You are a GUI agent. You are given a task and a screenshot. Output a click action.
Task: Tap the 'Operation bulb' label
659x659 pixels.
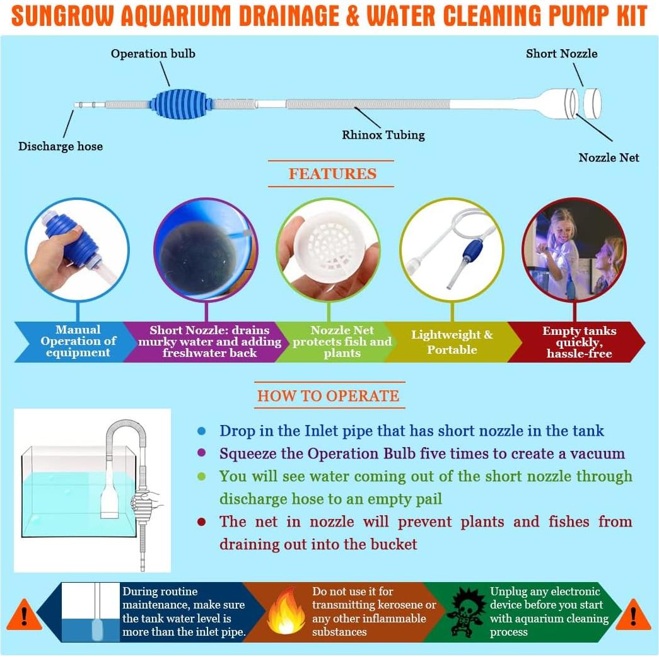point(153,54)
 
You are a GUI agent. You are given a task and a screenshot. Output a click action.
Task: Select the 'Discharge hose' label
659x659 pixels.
point(61,146)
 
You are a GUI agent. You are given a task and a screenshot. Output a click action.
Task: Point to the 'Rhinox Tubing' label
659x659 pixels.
point(383,134)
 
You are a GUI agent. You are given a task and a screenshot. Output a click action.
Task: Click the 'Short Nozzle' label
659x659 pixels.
point(562,54)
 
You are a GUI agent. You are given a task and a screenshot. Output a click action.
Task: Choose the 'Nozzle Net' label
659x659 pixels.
point(609,158)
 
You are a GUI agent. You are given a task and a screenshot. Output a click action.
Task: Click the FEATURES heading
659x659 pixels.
point(332,174)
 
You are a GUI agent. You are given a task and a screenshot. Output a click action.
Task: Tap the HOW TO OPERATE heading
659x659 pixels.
point(328,396)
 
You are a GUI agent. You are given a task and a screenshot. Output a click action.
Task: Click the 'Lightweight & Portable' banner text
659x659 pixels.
point(452,342)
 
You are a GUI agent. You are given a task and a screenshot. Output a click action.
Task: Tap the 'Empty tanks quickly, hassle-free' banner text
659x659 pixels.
point(579,342)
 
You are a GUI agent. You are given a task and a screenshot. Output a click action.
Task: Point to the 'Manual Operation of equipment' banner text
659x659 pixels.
point(78,341)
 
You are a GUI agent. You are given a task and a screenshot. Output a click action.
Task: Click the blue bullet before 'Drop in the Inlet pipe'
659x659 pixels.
point(201,431)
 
